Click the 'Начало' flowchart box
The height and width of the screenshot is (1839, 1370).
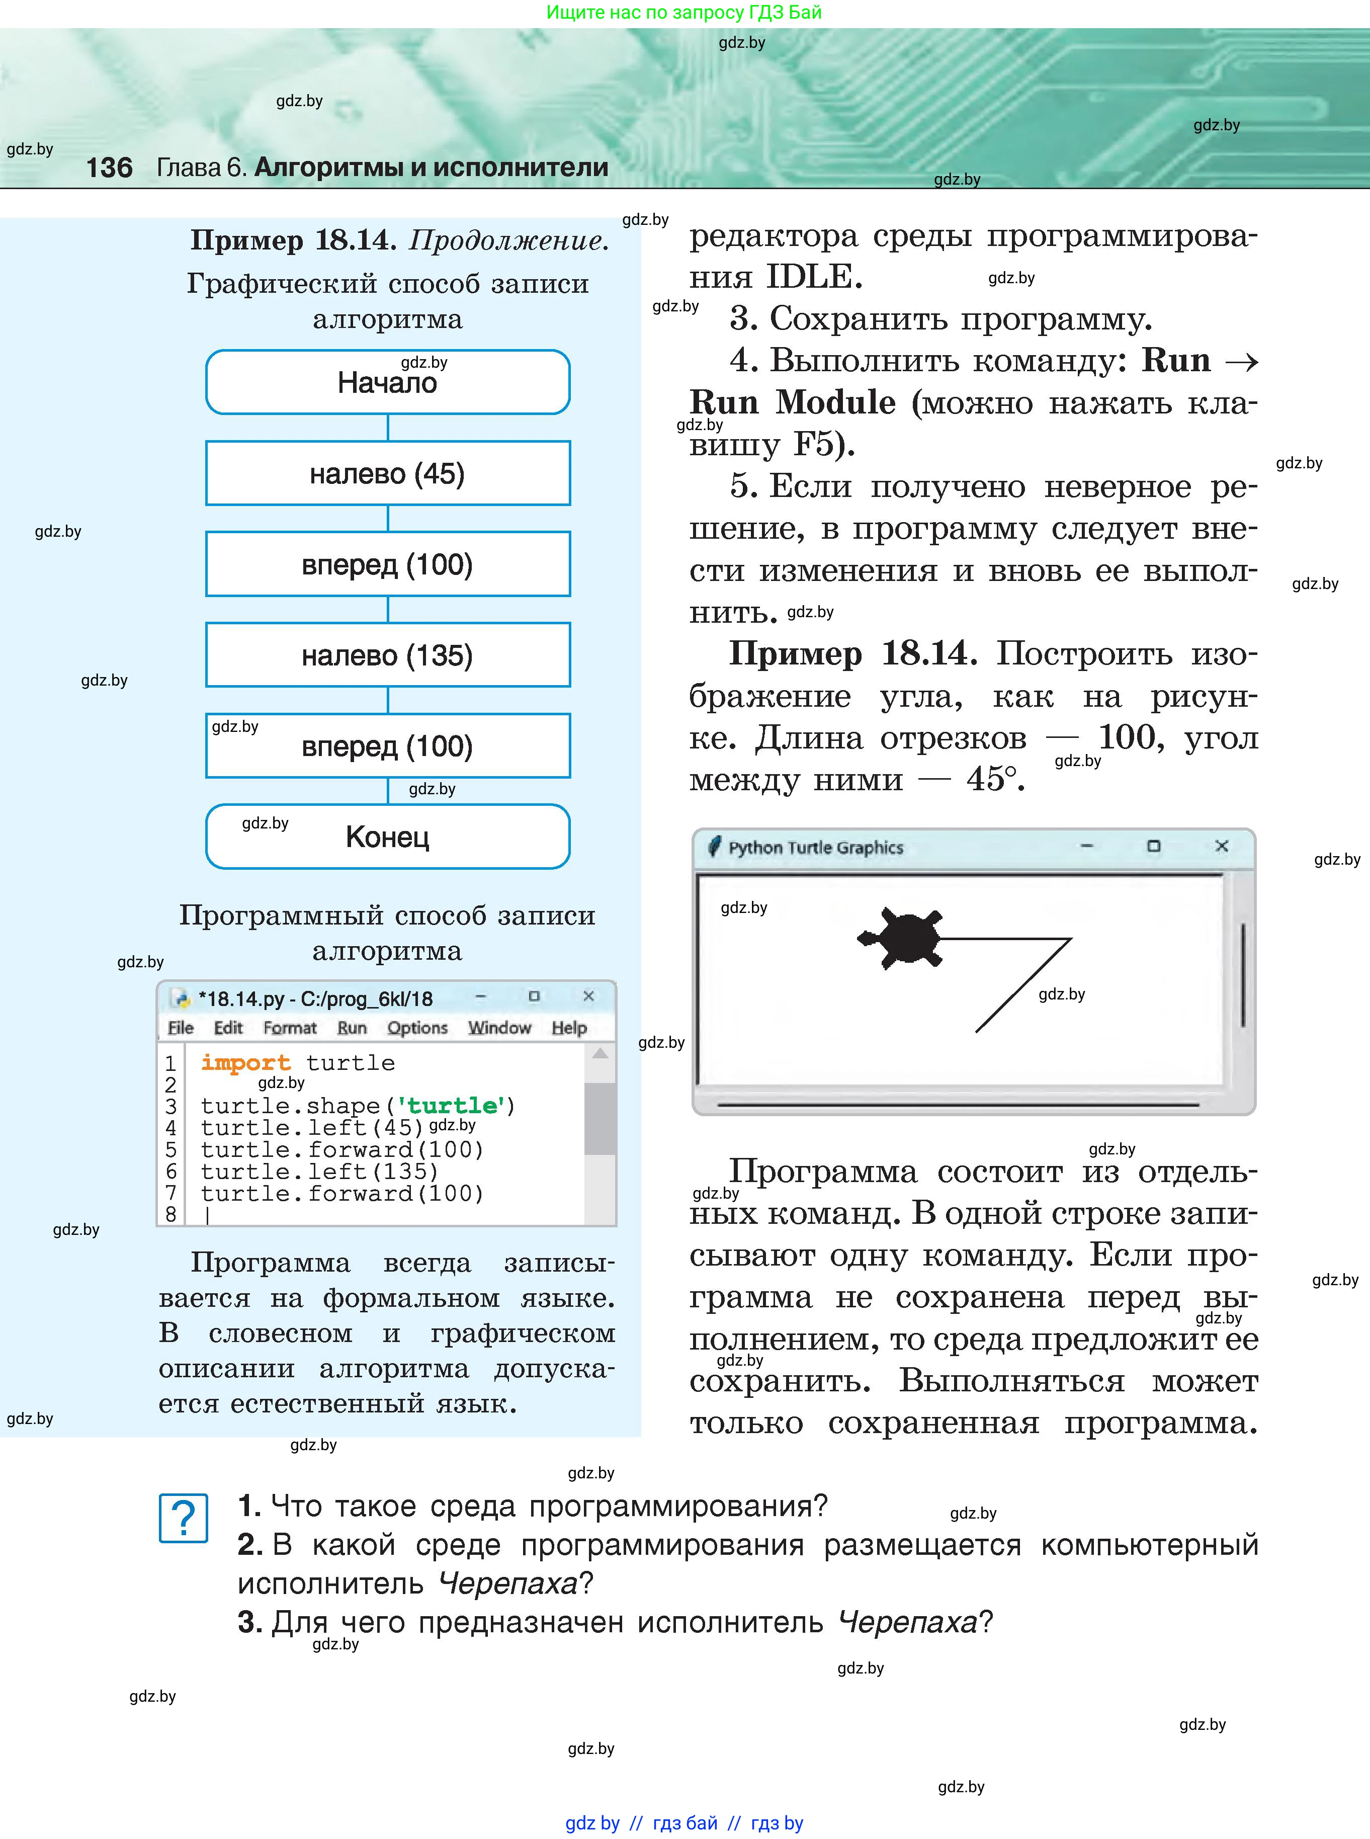[387, 382]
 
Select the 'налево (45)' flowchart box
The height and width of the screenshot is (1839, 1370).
[387, 474]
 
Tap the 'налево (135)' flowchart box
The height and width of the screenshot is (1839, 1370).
[387, 655]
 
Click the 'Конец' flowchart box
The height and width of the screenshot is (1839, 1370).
[387, 837]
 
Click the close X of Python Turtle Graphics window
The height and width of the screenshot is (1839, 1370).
[1221, 846]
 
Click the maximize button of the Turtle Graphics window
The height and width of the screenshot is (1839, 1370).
[1153, 846]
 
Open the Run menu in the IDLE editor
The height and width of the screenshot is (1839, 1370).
[352, 1028]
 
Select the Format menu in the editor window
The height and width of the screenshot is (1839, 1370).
[289, 1028]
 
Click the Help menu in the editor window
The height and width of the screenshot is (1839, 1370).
[569, 1028]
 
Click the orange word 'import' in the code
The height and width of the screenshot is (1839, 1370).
[245, 1062]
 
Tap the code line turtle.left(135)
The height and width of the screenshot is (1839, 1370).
[319, 1171]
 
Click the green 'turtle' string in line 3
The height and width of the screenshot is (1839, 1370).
[452, 1106]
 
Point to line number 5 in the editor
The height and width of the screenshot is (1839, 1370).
[171, 1150]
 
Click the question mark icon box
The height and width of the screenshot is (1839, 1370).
[183, 1519]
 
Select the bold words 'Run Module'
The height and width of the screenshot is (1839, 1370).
[792, 403]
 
